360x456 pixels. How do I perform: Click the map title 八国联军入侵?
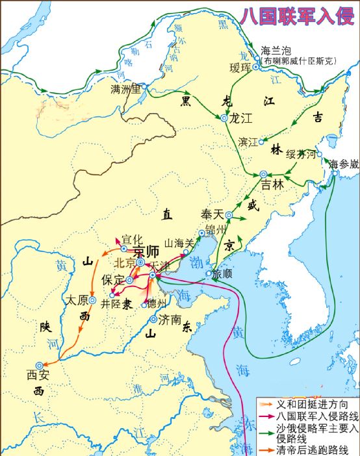(297, 15)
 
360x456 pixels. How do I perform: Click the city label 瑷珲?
(239, 67)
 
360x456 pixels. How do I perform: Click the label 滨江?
(248, 141)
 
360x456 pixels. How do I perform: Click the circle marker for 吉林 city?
(263, 175)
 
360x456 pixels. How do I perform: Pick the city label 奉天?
(211, 213)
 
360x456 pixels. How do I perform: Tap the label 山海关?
(180, 242)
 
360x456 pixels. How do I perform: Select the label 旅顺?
(222, 273)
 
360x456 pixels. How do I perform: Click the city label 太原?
(76, 301)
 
